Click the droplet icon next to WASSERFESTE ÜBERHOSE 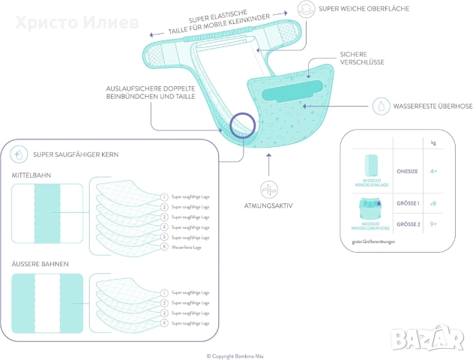pos(381,106)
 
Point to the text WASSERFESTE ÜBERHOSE pos(433,106)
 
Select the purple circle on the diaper pos(245,125)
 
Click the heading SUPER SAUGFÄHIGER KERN pos(75,154)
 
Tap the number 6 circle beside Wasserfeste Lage pos(164,247)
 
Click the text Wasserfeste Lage pos(186,247)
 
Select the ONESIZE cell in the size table pos(407,171)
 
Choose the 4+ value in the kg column pos(433,171)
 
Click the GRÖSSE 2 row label pos(407,223)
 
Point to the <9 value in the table pos(433,203)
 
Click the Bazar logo pos(428,337)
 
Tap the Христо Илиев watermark pos(72,22)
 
